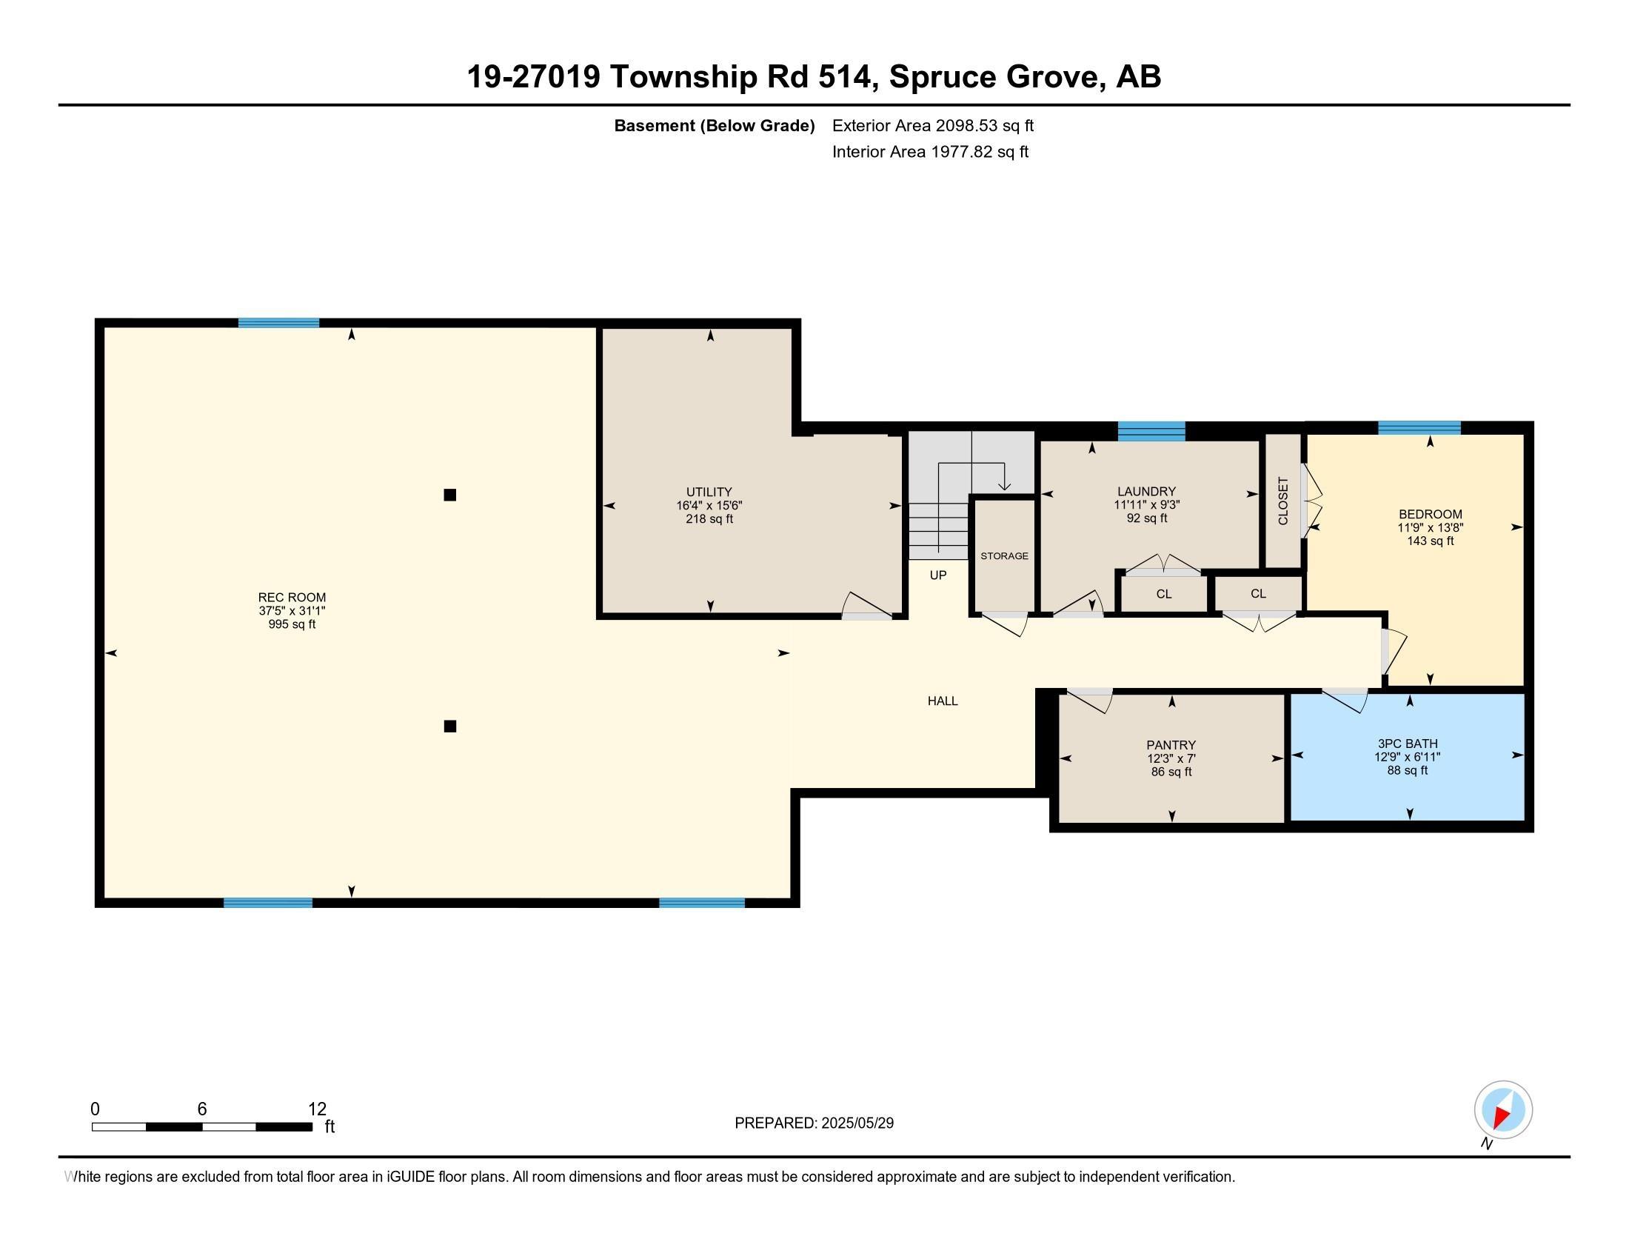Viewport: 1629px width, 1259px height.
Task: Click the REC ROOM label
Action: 292,598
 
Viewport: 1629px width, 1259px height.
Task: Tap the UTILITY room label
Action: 709,492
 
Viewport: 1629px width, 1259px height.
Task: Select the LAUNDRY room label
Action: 1146,492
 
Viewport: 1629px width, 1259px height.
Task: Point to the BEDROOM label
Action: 1430,514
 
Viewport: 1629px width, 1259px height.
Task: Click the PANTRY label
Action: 1171,745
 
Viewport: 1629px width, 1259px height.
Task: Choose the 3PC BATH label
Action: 1408,744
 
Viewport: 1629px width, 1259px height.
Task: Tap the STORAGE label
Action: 1004,555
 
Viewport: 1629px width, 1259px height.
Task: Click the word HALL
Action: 943,701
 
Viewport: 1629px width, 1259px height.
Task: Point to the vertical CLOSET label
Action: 1283,501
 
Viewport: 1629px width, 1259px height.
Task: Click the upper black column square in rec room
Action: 449,495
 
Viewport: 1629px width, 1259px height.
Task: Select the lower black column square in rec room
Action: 449,727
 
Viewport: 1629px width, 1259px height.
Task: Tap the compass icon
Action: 1503,1109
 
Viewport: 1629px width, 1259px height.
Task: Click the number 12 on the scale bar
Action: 317,1109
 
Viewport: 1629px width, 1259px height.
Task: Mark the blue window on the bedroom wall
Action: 1419,427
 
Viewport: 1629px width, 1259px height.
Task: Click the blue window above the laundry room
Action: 1151,431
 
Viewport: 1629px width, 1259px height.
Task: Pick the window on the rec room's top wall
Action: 278,323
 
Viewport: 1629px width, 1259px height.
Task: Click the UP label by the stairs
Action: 938,575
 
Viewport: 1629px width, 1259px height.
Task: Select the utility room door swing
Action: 868,606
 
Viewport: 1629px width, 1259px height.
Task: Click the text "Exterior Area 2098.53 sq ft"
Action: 933,125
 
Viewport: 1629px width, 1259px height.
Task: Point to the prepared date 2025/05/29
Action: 857,1123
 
